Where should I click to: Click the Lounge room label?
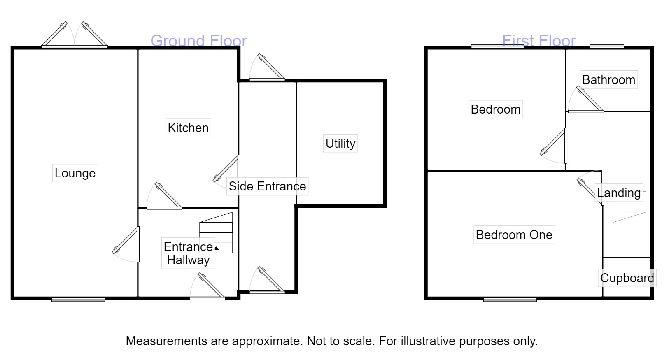(75, 173)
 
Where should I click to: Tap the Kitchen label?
(188, 128)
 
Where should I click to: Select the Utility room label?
(340, 143)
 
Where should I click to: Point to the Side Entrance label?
(267, 186)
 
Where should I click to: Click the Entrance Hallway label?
(188, 253)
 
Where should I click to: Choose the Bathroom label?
(608, 79)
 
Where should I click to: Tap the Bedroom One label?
(514, 235)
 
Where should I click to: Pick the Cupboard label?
(627, 278)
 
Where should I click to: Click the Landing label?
(618, 193)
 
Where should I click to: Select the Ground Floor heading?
(198, 41)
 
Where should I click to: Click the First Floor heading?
(538, 41)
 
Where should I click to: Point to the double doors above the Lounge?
(75, 35)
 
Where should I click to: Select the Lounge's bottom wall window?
(78, 299)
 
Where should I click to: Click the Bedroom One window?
(510, 299)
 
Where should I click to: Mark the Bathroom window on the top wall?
(606, 46)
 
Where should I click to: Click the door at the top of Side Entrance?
(267, 68)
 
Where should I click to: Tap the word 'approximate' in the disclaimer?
(266, 341)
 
